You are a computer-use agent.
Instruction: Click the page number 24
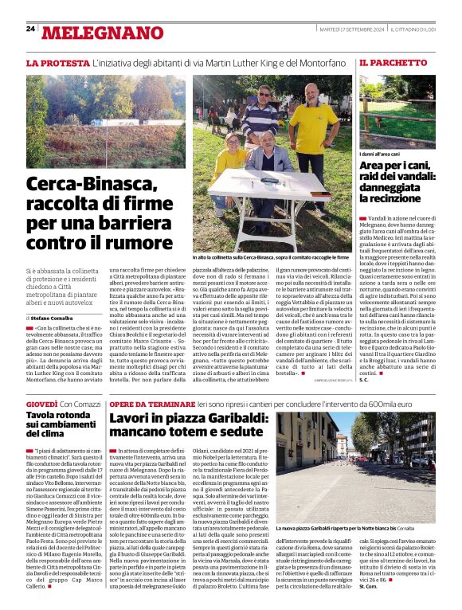click(30, 29)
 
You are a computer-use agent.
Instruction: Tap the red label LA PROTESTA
click(57, 62)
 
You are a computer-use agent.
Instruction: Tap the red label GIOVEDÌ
click(41, 405)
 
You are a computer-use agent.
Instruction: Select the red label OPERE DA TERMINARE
click(154, 405)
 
